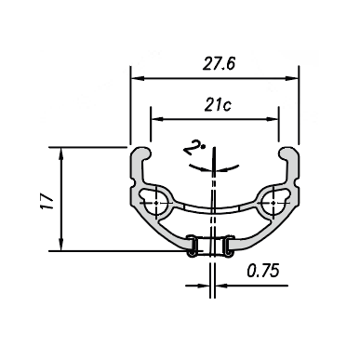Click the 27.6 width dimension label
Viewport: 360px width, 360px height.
[219, 63]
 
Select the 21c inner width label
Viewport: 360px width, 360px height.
[218, 105]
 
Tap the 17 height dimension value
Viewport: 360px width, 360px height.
[47, 202]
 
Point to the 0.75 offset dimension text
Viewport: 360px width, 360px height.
[263, 271]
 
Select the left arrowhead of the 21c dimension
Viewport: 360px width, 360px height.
[157, 119]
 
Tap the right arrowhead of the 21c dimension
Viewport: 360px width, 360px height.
[272, 119]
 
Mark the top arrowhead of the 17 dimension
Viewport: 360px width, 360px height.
[61, 154]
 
